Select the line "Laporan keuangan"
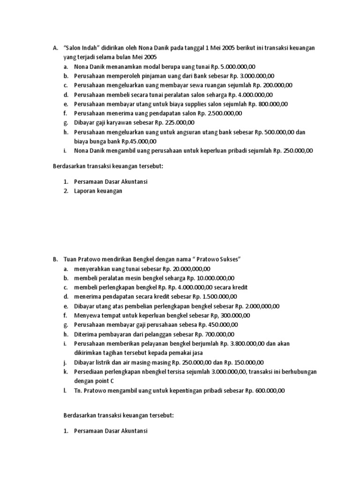[x=98, y=191]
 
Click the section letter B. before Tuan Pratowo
[x=55, y=259]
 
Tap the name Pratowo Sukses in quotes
[x=217, y=259]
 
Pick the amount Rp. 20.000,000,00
[x=187, y=269]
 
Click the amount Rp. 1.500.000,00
[x=214, y=297]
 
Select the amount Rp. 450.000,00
[x=218, y=325]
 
